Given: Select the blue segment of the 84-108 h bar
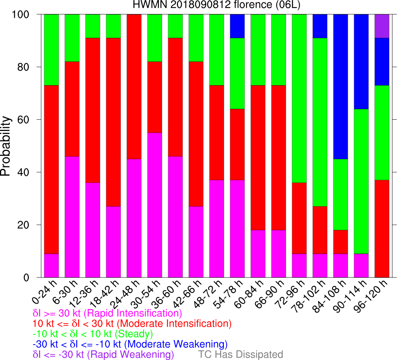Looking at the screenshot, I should coord(341,87).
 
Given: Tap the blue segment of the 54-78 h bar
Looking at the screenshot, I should coord(237,26).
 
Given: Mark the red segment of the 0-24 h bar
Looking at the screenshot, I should coord(51,169).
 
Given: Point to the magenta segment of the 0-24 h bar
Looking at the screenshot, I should coord(51,265).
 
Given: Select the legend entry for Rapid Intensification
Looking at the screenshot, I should coord(107,313).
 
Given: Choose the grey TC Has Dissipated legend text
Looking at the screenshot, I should coord(240,354).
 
